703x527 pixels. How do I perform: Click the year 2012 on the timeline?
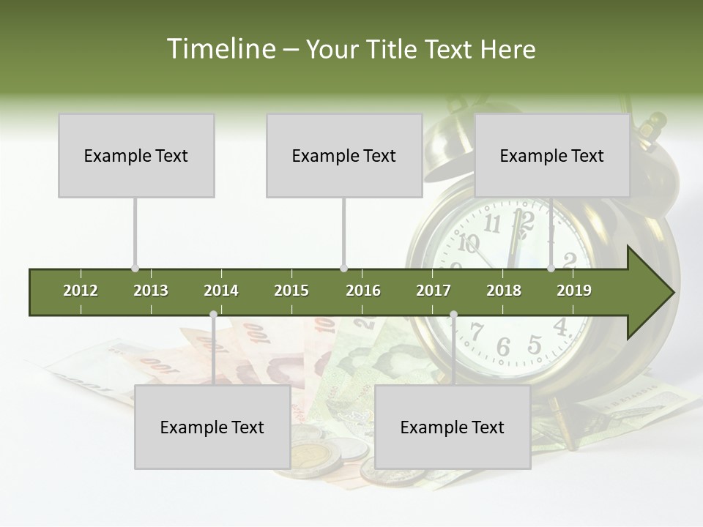point(81,291)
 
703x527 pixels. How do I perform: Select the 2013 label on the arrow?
point(151,291)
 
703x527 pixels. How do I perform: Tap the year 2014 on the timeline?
point(221,291)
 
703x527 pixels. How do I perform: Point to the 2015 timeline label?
point(291,291)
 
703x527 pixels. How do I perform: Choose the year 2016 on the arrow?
point(363,291)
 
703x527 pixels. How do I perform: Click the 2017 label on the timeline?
point(434,291)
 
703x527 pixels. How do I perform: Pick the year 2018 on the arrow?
point(504,291)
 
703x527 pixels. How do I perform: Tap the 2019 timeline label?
point(574,291)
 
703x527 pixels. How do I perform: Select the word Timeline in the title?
point(220,49)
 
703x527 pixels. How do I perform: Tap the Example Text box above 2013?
point(136,155)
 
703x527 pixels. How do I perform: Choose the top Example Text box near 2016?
point(344,155)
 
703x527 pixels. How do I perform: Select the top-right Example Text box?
point(552,155)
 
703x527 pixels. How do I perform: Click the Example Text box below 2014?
point(212,427)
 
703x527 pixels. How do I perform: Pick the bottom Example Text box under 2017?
point(453,427)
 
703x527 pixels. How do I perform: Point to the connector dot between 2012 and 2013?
point(135,269)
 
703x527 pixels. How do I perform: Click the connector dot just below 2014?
point(213,315)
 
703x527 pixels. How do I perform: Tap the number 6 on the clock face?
point(503,347)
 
